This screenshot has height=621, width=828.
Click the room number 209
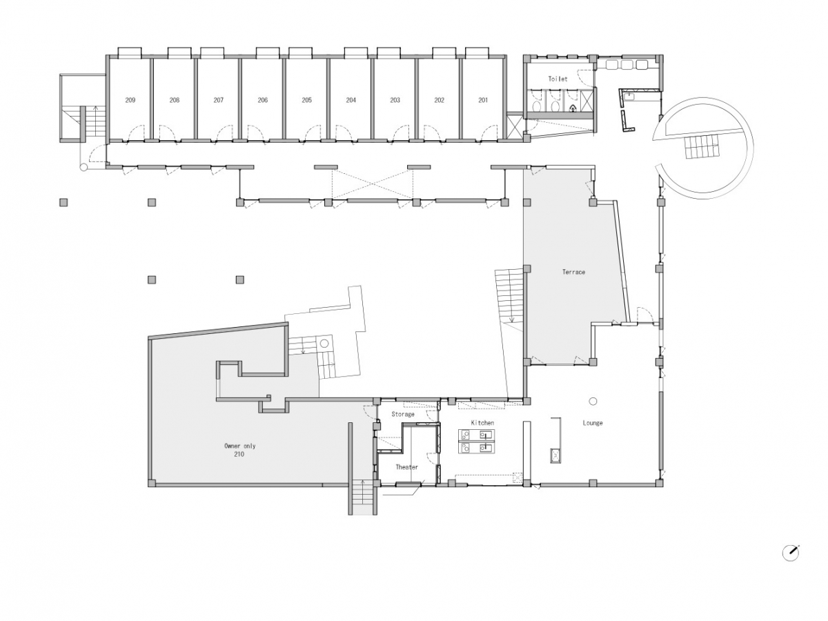click(130, 100)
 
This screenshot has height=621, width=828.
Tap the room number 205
click(306, 100)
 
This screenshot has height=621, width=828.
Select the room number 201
click(483, 100)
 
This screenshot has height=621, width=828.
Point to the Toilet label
click(558, 79)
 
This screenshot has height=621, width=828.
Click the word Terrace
click(573, 272)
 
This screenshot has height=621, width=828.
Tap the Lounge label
click(593, 423)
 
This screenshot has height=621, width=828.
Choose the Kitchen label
click(482, 423)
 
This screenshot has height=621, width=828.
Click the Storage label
click(403, 414)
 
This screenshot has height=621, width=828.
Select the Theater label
click(406, 467)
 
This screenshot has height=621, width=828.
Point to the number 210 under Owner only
click(239, 454)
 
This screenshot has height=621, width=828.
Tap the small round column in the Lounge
click(593, 401)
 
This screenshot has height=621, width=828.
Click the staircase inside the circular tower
click(702, 146)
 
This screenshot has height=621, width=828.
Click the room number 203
click(395, 100)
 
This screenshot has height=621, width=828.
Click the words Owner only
click(240, 446)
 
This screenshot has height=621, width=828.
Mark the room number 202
click(439, 100)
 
